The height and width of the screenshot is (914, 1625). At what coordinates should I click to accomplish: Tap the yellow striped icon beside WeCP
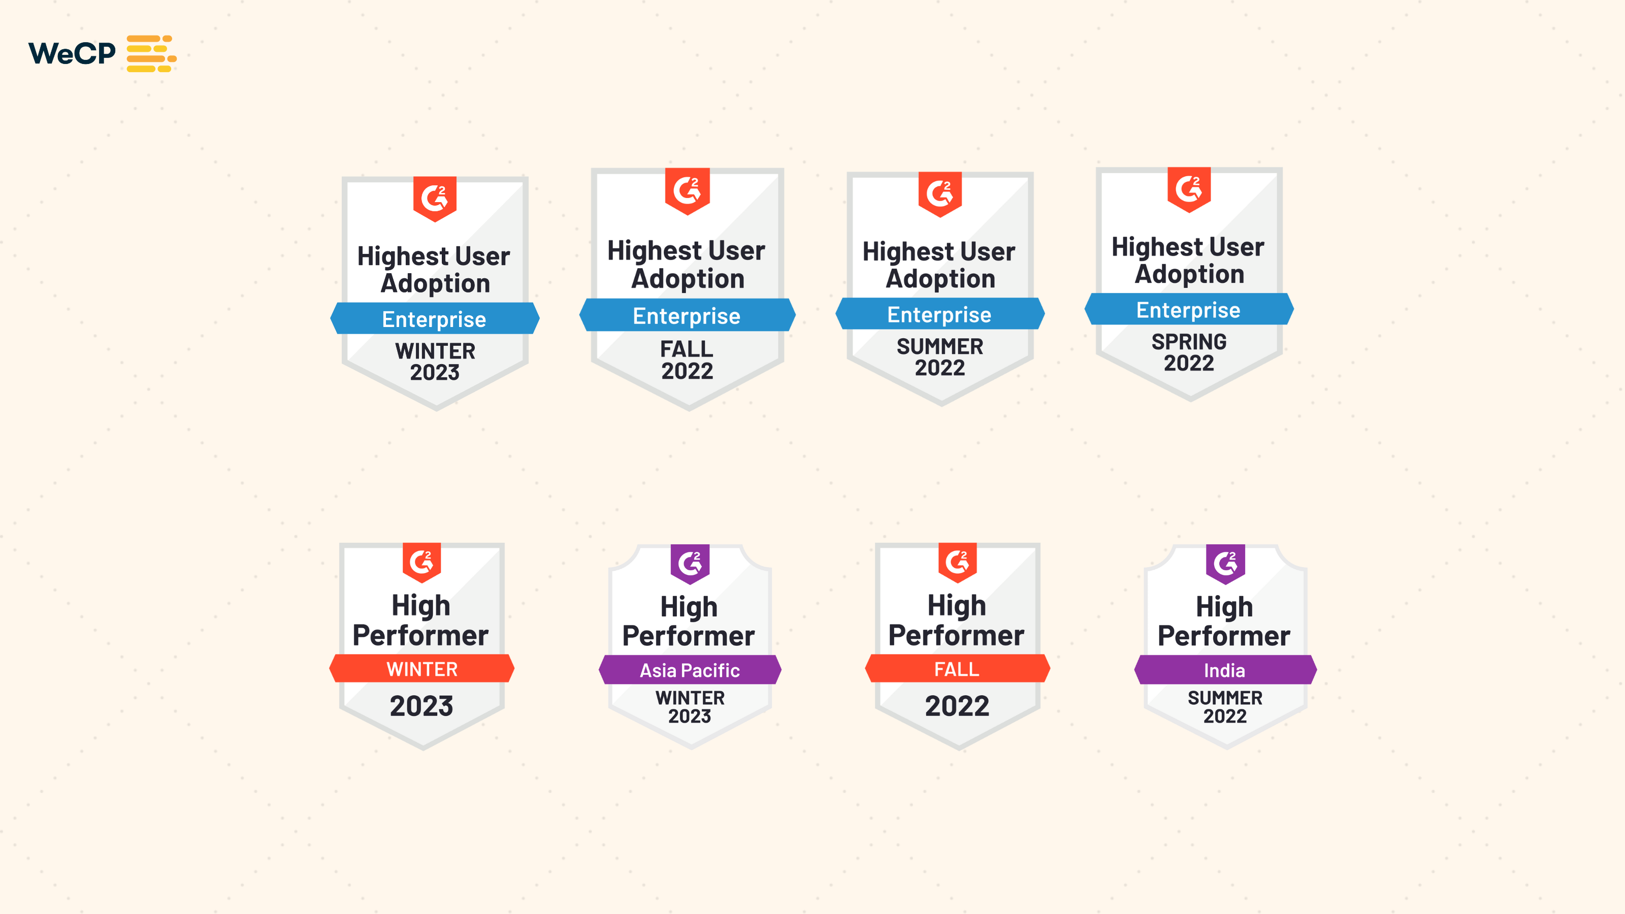point(151,54)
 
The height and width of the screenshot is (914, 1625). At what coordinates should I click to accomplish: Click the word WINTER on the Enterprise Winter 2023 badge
point(435,351)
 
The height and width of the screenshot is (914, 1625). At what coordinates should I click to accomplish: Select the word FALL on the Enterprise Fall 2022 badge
point(687,348)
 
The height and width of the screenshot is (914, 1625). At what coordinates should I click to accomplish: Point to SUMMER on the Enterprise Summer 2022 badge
point(939,346)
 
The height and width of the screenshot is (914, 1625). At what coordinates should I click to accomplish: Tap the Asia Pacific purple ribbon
point(690,670)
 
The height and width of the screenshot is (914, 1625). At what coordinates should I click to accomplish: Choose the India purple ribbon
point(1224,670)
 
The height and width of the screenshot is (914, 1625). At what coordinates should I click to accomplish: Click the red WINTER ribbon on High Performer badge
point(421,669)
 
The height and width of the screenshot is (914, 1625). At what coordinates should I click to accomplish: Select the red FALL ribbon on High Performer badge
point(956,669)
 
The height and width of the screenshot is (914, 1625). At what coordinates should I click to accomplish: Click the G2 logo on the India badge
point(1225,563)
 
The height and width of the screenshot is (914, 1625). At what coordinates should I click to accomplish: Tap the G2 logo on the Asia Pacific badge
point(690,563)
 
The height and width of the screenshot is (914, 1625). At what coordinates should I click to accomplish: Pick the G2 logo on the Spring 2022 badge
point(1188,188)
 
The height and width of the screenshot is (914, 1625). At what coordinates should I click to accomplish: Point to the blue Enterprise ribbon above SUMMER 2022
point(939,314)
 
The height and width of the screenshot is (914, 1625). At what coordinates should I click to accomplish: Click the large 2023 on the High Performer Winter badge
point(421,706)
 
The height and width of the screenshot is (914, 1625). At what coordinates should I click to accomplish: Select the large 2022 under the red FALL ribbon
point(956,706)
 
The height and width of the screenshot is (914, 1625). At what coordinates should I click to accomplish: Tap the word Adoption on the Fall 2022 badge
point(688,279)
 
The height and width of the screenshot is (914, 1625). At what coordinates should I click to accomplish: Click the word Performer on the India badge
point(1224,636)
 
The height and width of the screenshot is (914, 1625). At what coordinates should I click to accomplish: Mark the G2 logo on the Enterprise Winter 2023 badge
point(435,198)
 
